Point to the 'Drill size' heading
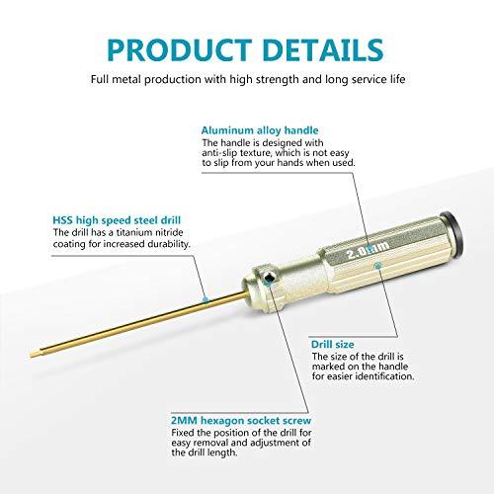[x=334, y=341]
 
